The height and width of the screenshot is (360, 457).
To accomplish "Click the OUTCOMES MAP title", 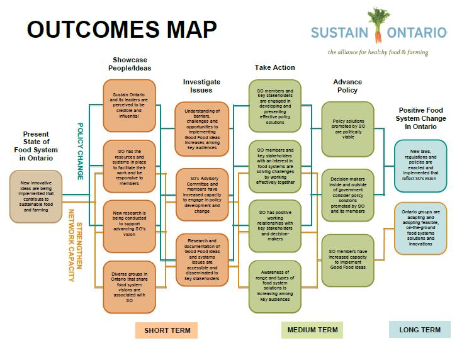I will [121, 29].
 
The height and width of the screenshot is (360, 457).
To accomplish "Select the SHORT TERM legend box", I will [167, 330].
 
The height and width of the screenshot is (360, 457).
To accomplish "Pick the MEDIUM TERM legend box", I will [312, 330].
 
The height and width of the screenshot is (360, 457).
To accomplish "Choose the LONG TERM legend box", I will [420, 330].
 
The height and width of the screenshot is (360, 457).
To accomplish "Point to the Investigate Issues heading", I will [201, 86].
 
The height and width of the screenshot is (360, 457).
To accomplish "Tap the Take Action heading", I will [274, 67].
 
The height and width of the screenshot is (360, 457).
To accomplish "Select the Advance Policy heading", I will [347, 86].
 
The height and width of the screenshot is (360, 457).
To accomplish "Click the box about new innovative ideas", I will [36, 196].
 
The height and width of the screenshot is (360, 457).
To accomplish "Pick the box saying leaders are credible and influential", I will [129, 105].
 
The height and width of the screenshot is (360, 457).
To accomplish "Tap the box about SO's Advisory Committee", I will [202, 194].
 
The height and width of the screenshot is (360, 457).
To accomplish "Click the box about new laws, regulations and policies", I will [420, 166].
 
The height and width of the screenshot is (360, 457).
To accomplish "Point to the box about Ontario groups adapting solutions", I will [420, 228].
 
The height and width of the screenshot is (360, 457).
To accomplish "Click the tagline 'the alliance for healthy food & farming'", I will [378, 52].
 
